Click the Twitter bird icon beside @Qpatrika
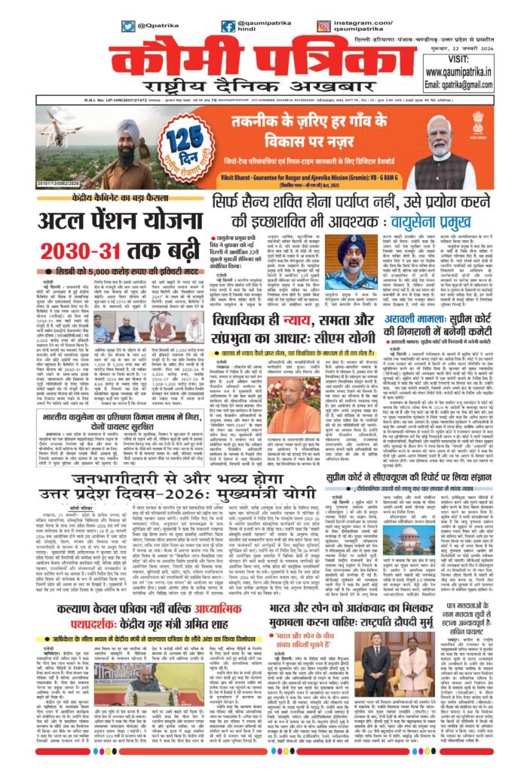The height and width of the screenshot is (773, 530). (128, 26)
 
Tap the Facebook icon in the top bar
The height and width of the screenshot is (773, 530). (228, 26)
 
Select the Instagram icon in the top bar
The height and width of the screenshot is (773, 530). (324, 26)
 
